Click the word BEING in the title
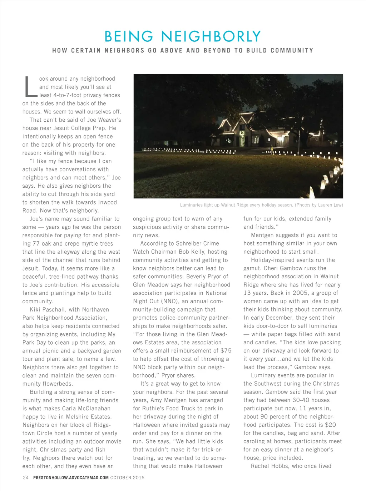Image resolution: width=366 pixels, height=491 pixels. click(129, 37)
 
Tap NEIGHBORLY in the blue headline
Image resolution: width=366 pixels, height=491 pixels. click(211, 37)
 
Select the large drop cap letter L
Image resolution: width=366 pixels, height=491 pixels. click(31, 87)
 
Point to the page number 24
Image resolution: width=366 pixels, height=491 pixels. click(25, 477)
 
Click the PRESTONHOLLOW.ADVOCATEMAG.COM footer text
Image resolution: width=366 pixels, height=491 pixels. click(71, 477)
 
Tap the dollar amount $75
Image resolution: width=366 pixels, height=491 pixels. click(226, 351)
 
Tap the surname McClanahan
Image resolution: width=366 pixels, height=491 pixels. click(93, 409)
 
